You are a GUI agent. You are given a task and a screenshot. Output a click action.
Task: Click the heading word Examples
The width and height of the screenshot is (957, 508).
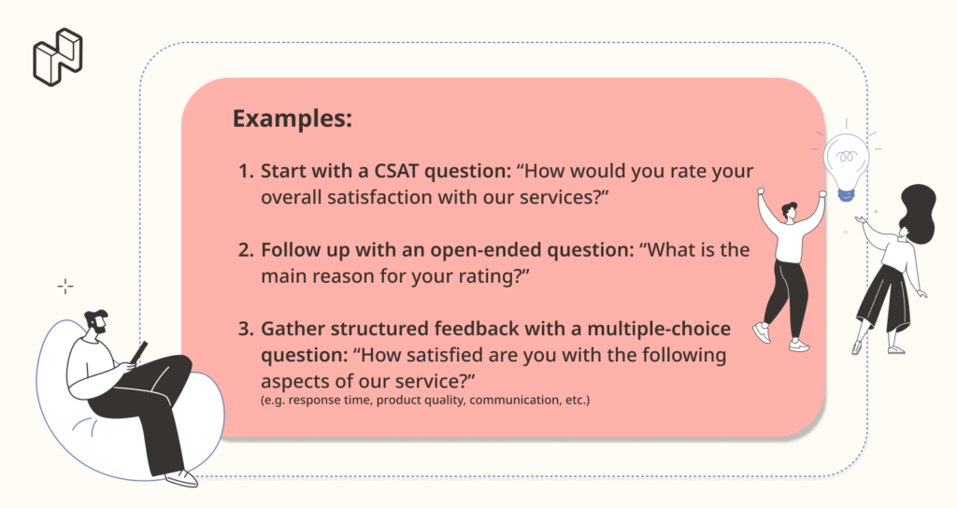click(293, 119)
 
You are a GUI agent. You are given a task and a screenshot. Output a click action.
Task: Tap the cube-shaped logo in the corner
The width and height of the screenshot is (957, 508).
click(58, 57)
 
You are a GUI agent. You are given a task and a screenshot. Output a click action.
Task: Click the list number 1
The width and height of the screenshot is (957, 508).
click(246, 172)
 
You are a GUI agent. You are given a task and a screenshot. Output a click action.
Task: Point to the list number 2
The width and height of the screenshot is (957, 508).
click(246, 250)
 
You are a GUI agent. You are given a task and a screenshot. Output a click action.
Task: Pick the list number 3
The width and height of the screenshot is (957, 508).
click(246, 329)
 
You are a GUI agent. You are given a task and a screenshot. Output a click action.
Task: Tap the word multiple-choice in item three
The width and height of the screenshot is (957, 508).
click(659, 330)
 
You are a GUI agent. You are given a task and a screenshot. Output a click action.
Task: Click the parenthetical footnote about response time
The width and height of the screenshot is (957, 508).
click(425, 400)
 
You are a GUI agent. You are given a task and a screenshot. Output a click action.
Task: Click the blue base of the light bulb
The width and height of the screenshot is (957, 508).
click(846, 194)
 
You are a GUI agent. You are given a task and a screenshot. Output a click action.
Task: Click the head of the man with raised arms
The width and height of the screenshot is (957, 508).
click(789, 211)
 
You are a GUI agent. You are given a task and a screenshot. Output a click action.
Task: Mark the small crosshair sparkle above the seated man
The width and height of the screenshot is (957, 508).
click(65, 286)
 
